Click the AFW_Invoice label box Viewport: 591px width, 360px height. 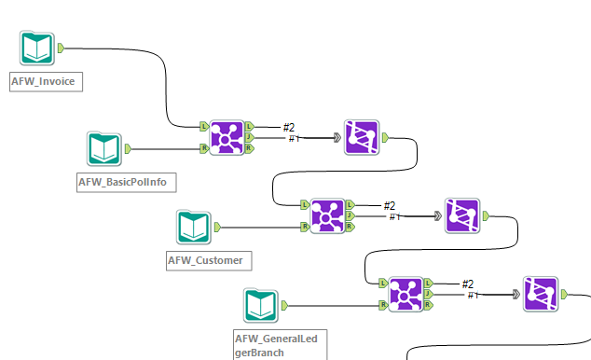pyautogui.click(x=45, y=81)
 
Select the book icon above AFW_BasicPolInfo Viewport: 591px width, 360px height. pyautogui.click(x=104, y=148)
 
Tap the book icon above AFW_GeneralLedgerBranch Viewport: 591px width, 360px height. pyautogui.click(x=262, y=306)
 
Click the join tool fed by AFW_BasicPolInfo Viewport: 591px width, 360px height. pyautogui.click(x=226, y=136)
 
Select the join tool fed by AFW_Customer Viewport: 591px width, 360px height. pyautogui.click(x=327, y=215)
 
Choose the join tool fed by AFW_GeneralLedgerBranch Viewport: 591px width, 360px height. pyautogui.click(x=405, y=294)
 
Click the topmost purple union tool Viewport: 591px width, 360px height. pyautogui.click(x=361, y=136)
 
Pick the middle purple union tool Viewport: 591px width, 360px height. pyautogui.click(x=462, y=215)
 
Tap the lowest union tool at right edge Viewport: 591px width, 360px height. pyautogui.click(x=541, y=294)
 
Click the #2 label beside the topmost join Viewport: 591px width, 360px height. pyautogui.click(x=289, y=127)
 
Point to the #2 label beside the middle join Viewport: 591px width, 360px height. pyautogui.click(x=390, y=206)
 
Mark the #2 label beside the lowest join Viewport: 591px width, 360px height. pyautogui.click(x=468, y=284)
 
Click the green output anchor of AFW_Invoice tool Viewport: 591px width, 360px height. pyautogui.click(x=61, y=48)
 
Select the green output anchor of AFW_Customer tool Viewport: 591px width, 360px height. pyautogui.click(x=217, y=227)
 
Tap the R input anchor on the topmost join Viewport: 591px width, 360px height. pyautogui.click(x=203, y=147)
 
